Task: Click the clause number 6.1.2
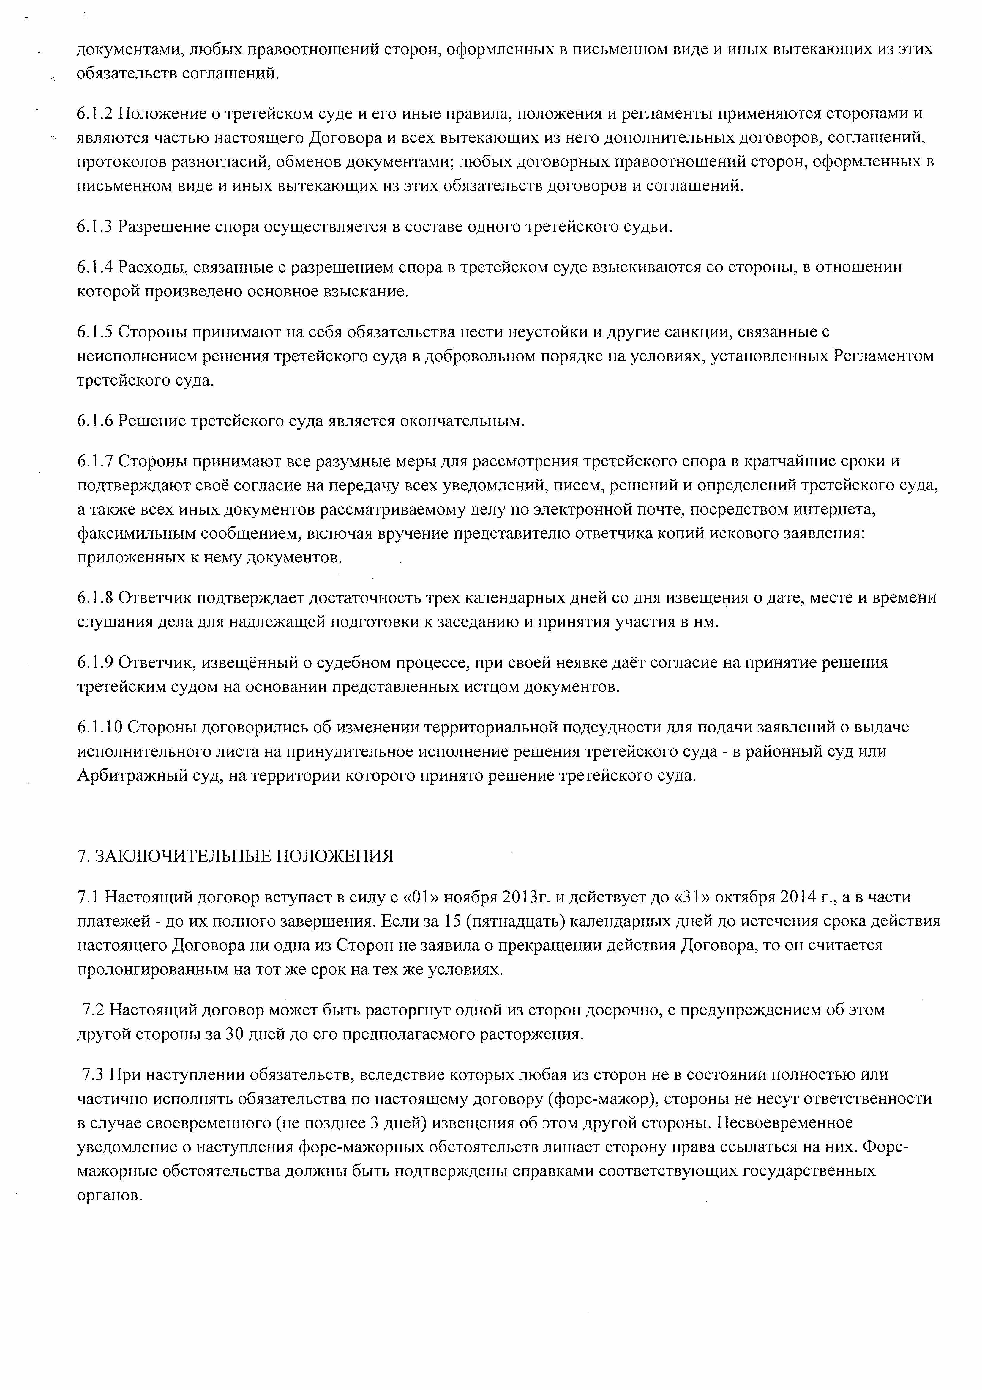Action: pos(95,113)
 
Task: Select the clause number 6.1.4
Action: pos(95,267)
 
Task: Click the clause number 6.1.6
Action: pos(95,421)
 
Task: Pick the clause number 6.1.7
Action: pos(95,461)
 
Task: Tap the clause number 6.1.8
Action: pos(95,598)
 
